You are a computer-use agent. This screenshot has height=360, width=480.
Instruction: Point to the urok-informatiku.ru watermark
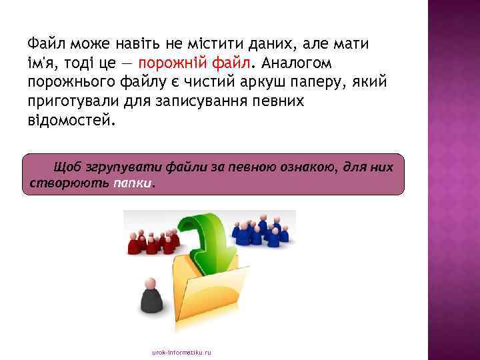tap(181, 351)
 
